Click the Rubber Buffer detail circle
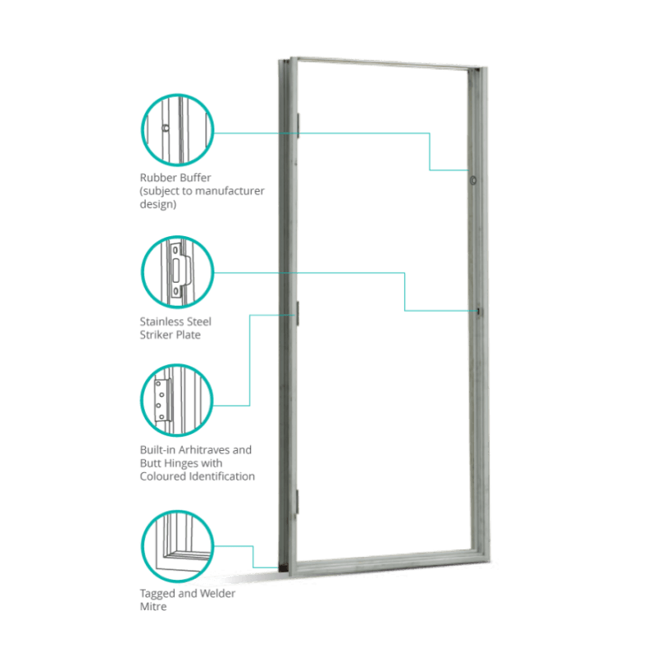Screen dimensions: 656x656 pos(177,130)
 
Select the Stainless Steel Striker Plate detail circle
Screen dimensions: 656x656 pos(177,273)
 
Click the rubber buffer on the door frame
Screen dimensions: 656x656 pos(474,180)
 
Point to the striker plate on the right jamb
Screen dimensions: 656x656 pos(476,311)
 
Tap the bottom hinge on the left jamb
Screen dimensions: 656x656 pos(298,500)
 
